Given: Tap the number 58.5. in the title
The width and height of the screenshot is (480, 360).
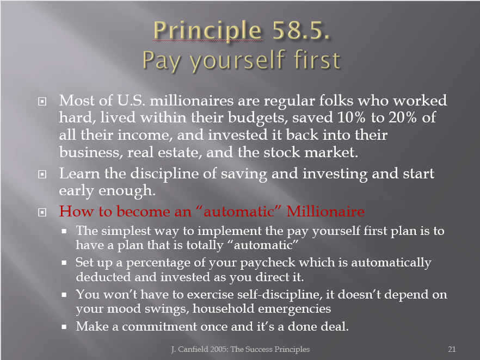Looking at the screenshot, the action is pyautogui.click(x=301, y=30).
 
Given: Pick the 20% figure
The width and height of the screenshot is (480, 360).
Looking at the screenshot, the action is pyautogui.click(x=403, y=117).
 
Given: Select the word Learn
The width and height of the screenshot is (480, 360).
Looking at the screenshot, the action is pyautogui.click(x=79, y=173).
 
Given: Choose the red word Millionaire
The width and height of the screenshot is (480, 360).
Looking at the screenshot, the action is pyautogui.click(x=325, y=212).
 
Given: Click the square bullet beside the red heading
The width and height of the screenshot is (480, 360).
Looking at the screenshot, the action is pyautogui.click(x=42, y=212).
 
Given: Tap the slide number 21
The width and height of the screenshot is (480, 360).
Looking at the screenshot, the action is pyautogui.click(x=452, y=349).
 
